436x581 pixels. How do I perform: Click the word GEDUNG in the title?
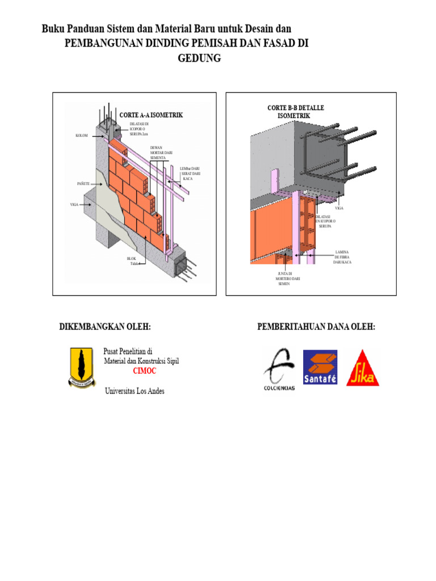(199, 58)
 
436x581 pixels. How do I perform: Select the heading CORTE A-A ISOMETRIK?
(151, 115)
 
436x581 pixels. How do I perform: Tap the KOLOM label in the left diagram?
(82, 136)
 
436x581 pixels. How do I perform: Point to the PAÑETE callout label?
(83, 184)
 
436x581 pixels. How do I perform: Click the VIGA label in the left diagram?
(74, 204)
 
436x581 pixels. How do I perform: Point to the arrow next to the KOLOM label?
(95, 136)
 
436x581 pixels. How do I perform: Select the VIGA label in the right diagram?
(339, 208)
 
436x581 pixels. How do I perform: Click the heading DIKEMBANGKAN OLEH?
(105, 327)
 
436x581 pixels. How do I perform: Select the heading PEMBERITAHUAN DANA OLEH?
(316, 327)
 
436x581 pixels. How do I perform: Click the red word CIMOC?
(144, 371)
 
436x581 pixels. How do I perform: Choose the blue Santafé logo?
(320, 367)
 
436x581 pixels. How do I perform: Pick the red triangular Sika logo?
(363, 369)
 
